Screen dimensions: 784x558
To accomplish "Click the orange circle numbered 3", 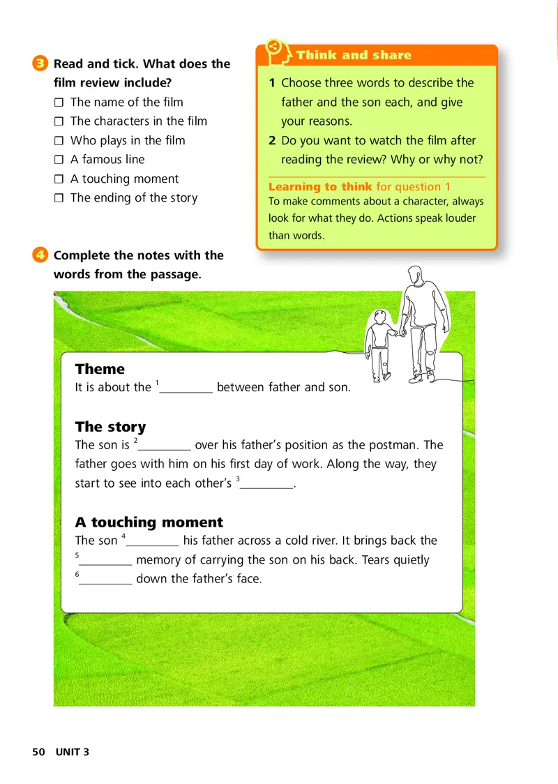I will click(40, 63).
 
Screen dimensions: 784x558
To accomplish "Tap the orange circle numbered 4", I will click(40, 255).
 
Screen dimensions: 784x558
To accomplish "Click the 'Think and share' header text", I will click(354, 55).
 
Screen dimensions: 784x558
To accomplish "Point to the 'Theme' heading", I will click(100, 369).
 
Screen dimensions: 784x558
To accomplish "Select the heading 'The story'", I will click(110, 427).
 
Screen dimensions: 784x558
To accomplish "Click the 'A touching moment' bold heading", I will click(149, 522).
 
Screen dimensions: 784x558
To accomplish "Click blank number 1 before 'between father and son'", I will click(186, 389).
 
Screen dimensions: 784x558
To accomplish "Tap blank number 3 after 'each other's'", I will click(266, 484).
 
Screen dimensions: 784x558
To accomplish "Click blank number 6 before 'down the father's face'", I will click(105, 580).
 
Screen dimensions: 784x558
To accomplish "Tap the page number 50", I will click(38, 752).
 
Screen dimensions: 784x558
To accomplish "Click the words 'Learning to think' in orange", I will click(320, 187).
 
